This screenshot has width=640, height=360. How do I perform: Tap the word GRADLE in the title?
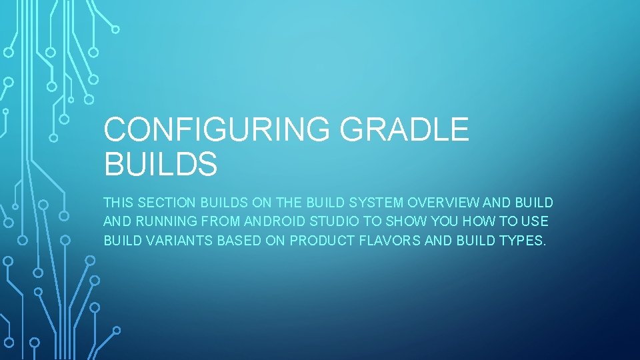(x=405, y=129)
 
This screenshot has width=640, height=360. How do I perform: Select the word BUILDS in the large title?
(x=161, y=164)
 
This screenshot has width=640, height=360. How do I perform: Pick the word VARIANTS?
(x=178, y=240)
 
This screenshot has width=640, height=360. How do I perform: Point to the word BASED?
(x=239, y=240)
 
